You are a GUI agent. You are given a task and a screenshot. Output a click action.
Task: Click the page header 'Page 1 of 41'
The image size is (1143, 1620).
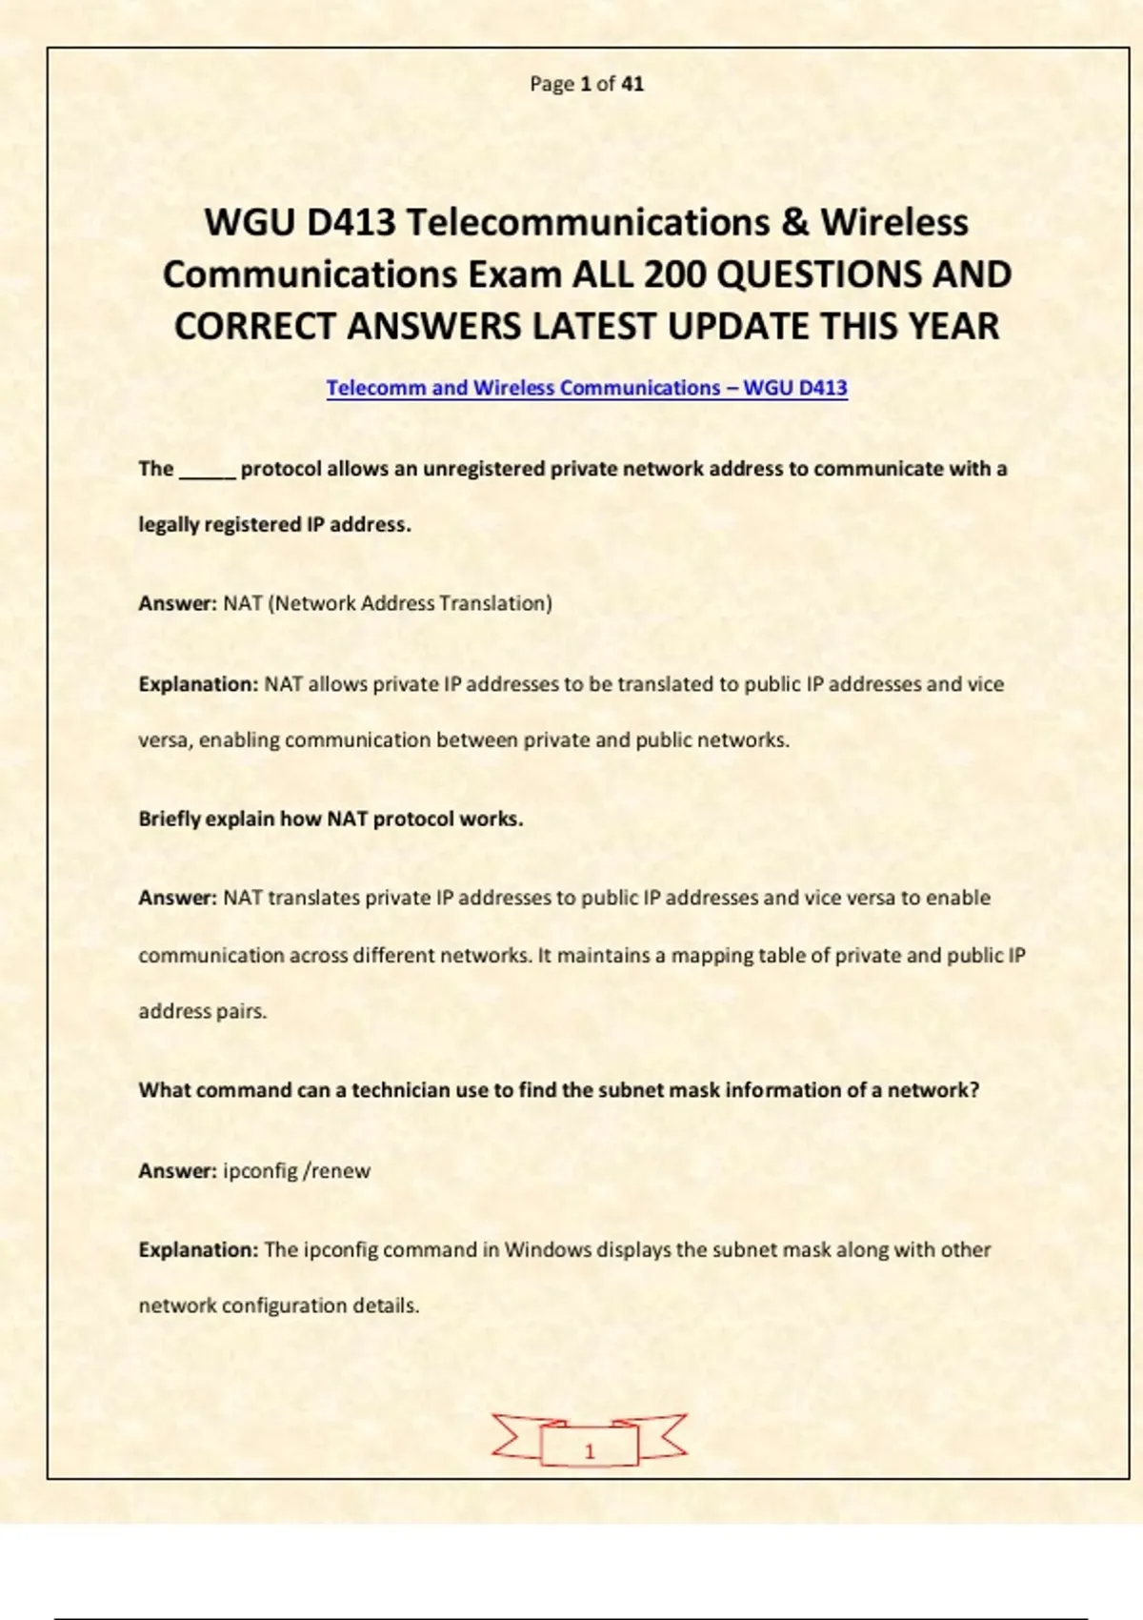point(587,84)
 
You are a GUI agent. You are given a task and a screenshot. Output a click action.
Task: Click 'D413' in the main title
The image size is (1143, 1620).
point(351,223)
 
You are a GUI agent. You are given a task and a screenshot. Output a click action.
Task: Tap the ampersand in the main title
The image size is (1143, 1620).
point(795,223)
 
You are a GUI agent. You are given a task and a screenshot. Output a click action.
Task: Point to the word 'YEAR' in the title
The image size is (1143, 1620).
point(952,327)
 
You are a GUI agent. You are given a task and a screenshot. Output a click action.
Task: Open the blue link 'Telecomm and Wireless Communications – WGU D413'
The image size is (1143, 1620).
point(587,388)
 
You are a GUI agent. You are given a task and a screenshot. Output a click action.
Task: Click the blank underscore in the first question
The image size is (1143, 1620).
point(207,470)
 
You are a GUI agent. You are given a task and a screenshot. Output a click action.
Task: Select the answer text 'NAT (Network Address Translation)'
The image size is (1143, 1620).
point(388,603)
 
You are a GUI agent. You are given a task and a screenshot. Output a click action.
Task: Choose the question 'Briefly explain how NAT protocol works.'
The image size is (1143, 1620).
point(331,820)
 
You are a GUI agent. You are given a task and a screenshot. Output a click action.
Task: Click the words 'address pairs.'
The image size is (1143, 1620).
point(202,1011)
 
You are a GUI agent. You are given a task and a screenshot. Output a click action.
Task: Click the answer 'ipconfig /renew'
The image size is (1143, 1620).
point(296,1171)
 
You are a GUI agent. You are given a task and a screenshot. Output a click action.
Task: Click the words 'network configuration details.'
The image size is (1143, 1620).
point(278,1306)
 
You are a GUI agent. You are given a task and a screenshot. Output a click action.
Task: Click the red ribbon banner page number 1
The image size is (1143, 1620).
point(589,1450)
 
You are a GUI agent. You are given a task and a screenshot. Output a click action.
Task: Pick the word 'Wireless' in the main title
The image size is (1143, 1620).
point(894,223)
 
